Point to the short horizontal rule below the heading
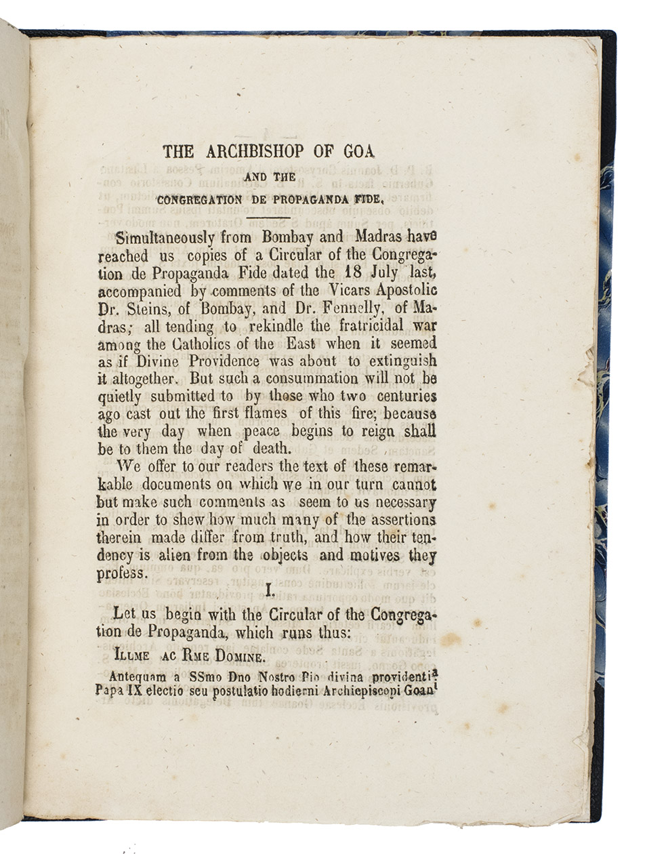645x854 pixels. point(273,218)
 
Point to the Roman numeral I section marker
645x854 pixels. point(270,592)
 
